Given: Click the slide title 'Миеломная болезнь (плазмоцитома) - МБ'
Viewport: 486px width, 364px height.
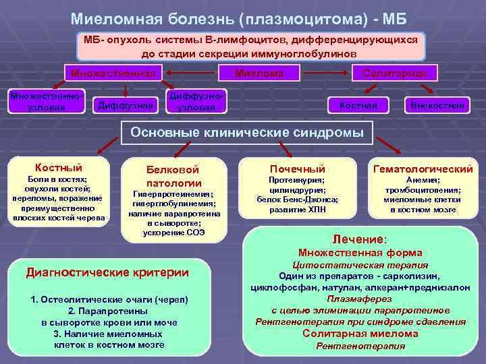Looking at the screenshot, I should click(243, 17).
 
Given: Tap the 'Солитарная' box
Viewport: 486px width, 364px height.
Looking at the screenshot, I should click(395, 72).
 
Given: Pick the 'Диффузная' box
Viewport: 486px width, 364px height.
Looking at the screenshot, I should click(126, 104).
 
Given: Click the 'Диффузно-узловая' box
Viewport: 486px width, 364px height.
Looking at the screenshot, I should click(196, 102).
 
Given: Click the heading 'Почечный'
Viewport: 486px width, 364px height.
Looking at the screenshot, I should click(297, 169).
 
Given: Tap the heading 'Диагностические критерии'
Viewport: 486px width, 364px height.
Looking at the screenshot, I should click(107, 272).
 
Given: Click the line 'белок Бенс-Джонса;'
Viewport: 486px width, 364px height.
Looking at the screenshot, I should click(298, 200).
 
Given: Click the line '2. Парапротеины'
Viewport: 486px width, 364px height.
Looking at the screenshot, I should click(109, 311).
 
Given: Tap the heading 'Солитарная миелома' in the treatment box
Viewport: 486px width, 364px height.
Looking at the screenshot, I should click(360, 334).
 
